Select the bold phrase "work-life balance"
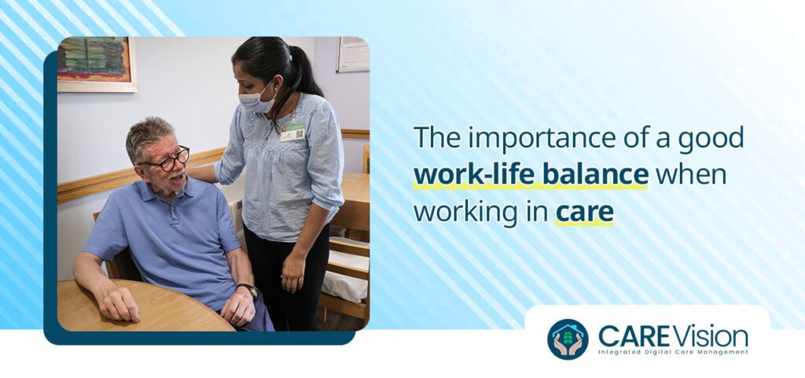tap(531, 175)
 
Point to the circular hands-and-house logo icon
tap(568, 339)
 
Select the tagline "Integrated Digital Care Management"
tap(673, 352)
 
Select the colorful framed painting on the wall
tap(97, 63)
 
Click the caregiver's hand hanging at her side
tap(292, 272)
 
